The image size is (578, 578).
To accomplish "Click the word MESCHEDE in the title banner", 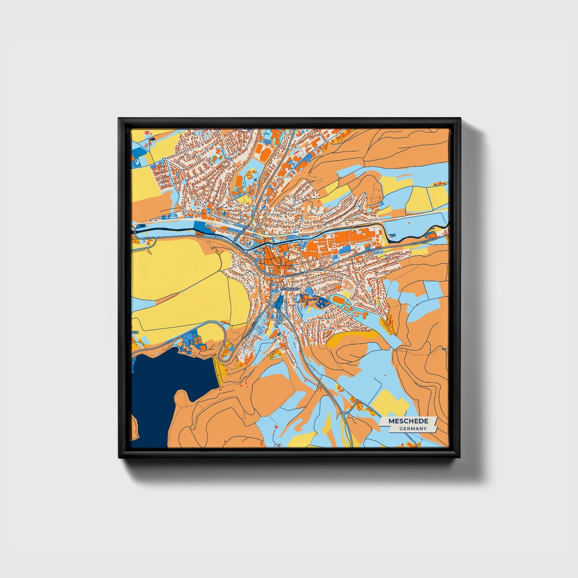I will coord(408,421).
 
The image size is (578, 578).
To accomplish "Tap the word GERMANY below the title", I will coord(413,428).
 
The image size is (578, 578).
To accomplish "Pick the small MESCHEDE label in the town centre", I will coord(290,288).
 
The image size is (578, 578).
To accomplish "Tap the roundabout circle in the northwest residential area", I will coord(164,160).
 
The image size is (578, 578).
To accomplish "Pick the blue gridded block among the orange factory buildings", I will coord(344,250).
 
